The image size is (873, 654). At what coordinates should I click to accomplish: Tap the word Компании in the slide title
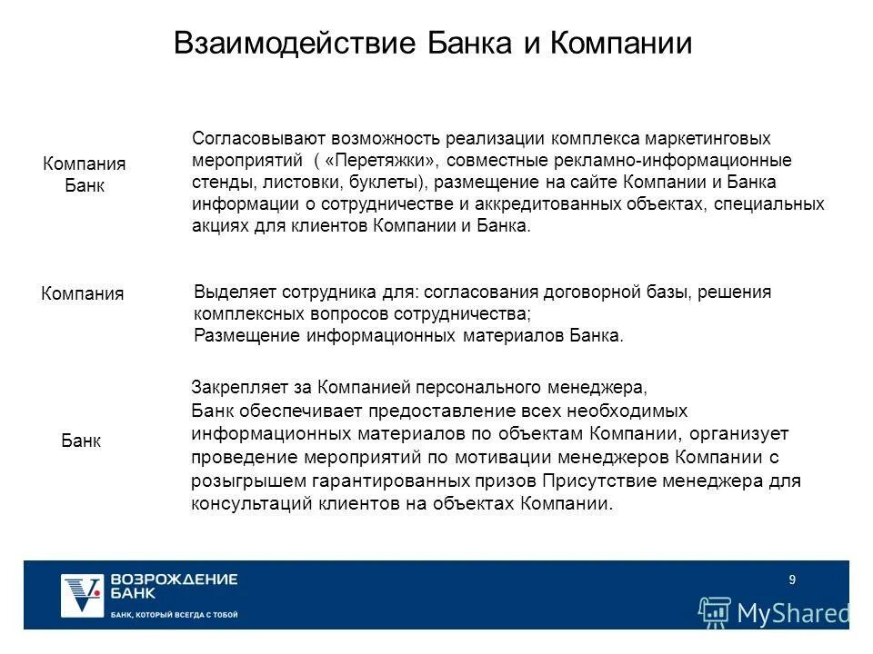622,45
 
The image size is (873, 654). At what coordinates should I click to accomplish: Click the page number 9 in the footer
792,580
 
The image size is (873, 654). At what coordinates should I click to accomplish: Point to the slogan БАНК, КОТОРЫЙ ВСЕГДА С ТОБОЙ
174,615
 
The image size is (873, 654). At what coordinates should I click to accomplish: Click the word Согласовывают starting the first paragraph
246,139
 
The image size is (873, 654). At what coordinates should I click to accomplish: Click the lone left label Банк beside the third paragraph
81,441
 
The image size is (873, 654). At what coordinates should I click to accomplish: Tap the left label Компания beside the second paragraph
84,294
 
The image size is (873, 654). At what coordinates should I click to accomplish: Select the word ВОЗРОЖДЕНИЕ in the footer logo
175,580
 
